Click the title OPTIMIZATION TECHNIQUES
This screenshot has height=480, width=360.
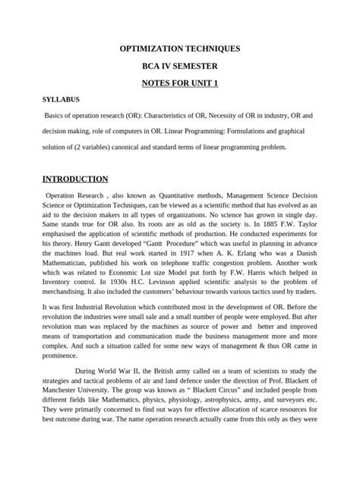tap(180, 48)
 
